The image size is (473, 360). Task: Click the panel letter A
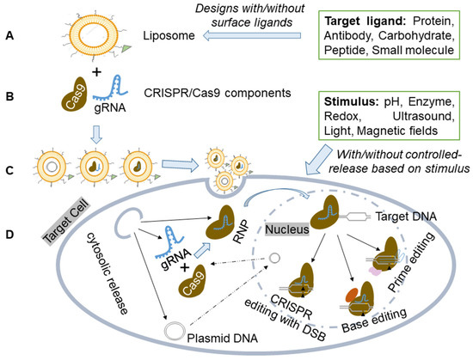11,37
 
